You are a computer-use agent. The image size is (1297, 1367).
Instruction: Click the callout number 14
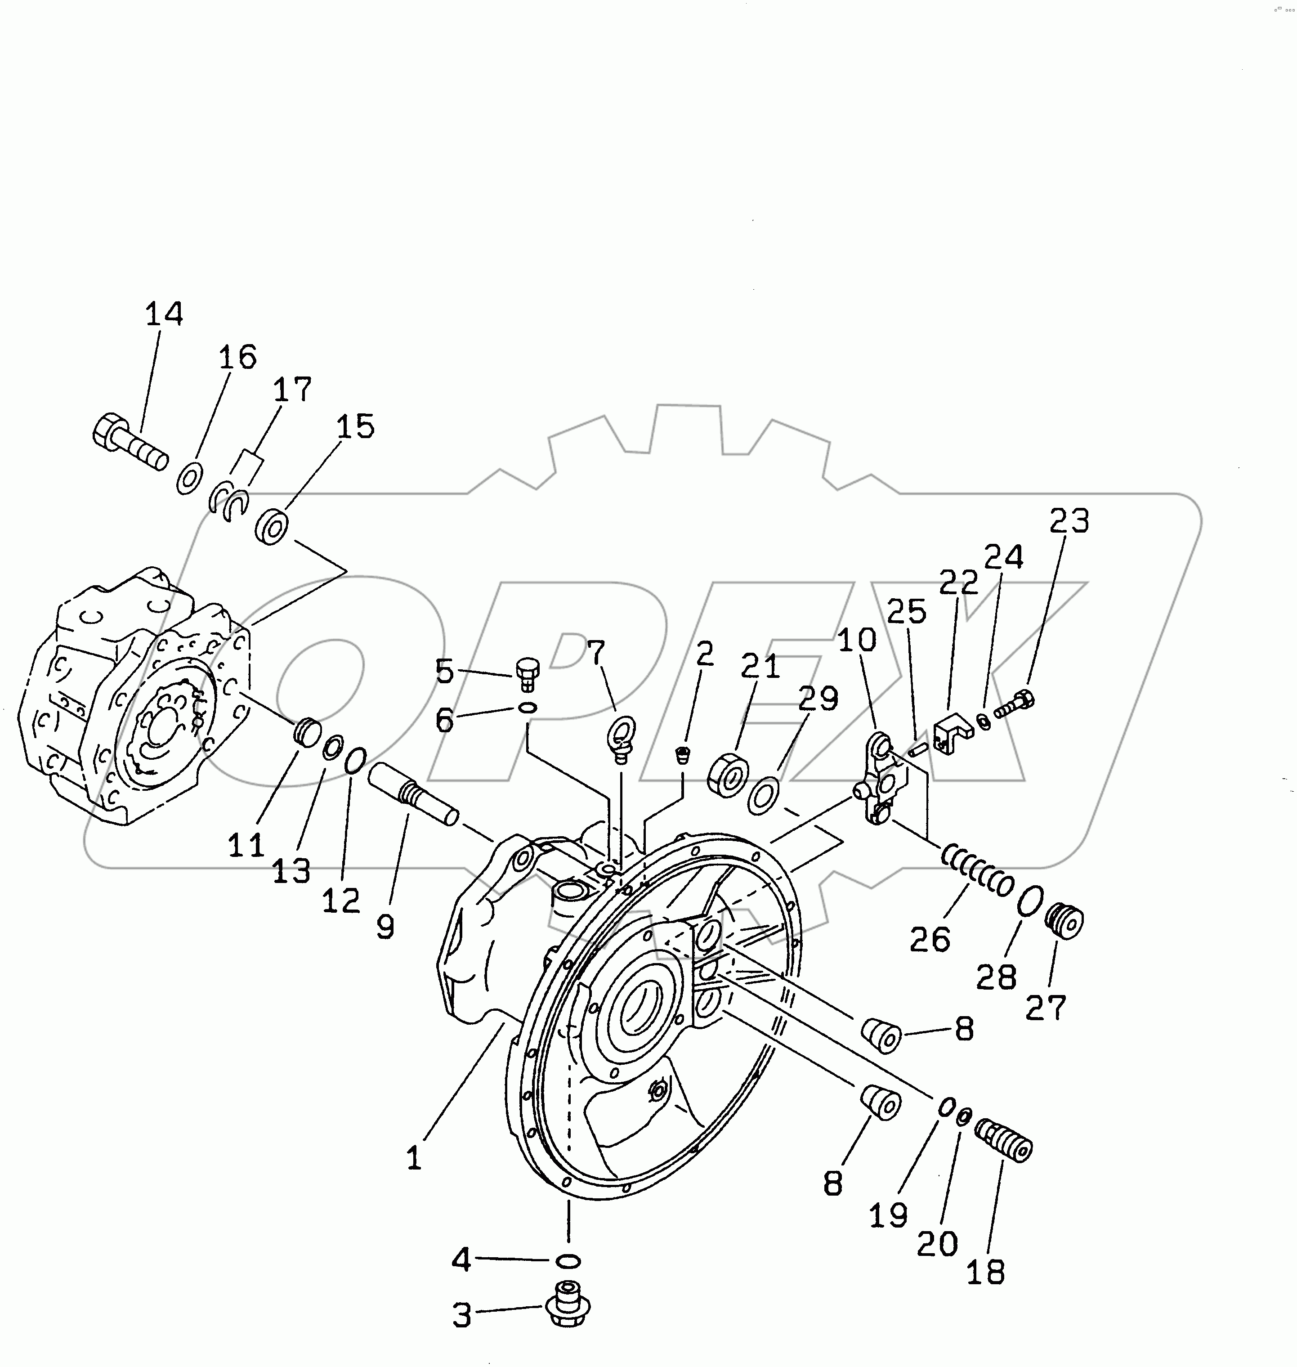[164, 314]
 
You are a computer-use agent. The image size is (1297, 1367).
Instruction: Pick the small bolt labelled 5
[526, 673]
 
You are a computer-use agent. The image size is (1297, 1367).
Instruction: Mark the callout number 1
[413, 1157]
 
